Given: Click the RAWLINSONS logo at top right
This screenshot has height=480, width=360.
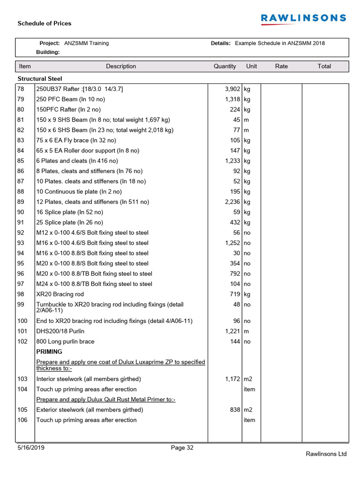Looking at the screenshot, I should [x=303, y=18].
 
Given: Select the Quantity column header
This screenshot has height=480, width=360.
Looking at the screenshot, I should [x=225, y=67].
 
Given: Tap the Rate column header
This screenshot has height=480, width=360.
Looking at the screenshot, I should [x=281, y=67].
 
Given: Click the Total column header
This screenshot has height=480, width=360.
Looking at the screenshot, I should [x=324, y=67].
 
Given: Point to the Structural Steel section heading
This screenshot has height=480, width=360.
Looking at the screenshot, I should [x=40, y=79].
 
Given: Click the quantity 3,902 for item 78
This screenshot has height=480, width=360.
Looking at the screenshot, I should [x=232, y=89].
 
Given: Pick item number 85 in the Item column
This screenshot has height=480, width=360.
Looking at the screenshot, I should [x=21, y=161].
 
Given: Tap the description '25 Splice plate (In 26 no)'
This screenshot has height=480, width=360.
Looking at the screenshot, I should [x=69, y=223].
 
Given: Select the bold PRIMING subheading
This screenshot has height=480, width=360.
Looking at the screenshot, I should [x=49, y=352].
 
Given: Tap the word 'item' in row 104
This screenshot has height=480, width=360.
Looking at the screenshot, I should [x=249, y=389].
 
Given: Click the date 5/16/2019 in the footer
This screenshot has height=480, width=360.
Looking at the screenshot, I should [x=31, y=448].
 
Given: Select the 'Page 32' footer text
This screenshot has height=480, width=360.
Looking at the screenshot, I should [x=182, y=448].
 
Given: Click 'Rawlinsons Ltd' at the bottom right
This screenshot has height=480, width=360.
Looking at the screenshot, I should [x=326, y=454].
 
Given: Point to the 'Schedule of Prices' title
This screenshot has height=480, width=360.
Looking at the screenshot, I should [x=45, y=23].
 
